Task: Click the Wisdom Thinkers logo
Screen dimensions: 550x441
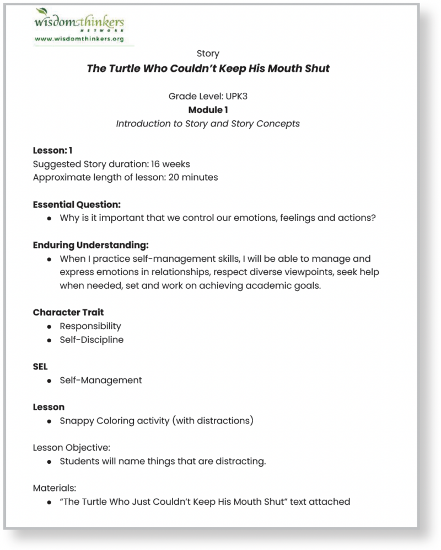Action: click(79, 23)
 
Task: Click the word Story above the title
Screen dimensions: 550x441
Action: click(208, 54)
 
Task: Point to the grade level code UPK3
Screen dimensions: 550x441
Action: click(236, 96)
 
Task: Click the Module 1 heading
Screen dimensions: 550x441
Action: click(208, 110)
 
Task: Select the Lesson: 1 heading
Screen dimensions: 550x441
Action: click(53, 150)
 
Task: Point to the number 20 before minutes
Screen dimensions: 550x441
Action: click(175, 177)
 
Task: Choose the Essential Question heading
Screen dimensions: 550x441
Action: click(77, 204)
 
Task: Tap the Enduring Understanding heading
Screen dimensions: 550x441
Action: click(91, 245)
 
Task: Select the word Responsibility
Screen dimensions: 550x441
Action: click(90, 326)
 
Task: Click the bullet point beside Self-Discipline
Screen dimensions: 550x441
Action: click(49, 340)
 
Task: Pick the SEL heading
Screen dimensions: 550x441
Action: click(40, 367)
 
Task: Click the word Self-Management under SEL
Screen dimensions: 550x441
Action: click(101, 380)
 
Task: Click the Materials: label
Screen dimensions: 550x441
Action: click(55, 488)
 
